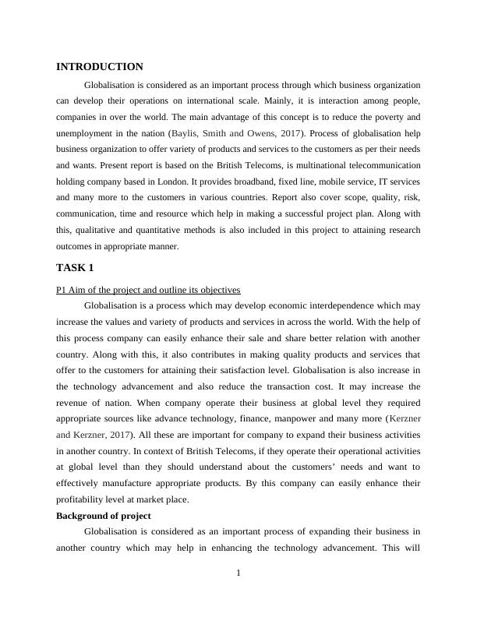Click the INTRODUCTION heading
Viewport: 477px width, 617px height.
coord(100,67)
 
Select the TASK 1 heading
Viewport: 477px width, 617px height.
coord(75,268)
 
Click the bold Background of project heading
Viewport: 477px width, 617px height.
coord(105,516)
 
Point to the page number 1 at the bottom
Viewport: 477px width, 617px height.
coord(238,574)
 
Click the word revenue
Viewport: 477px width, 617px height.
coord(76,403)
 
